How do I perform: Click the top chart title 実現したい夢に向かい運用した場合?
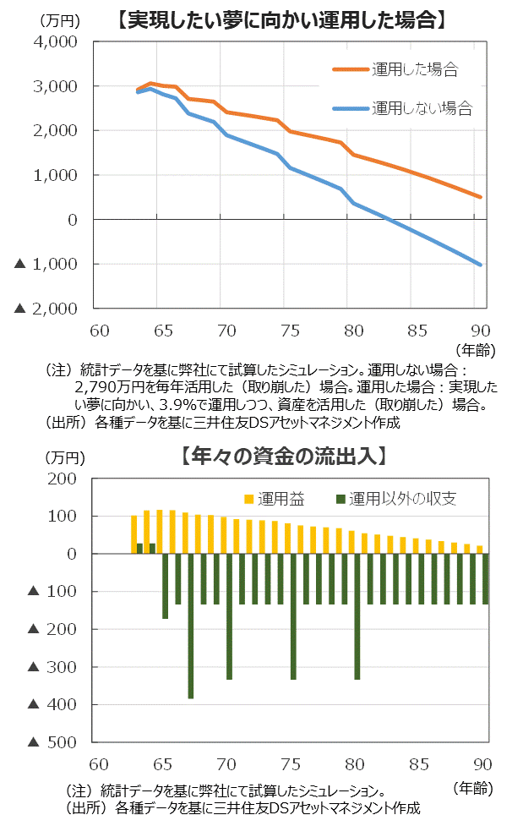[282, 19]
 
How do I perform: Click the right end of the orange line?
[480, 197]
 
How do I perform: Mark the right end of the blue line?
[480, 265]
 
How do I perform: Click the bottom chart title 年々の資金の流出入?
[284, 456]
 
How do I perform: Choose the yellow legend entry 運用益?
[275, 499]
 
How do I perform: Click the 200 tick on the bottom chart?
[66, 479]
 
